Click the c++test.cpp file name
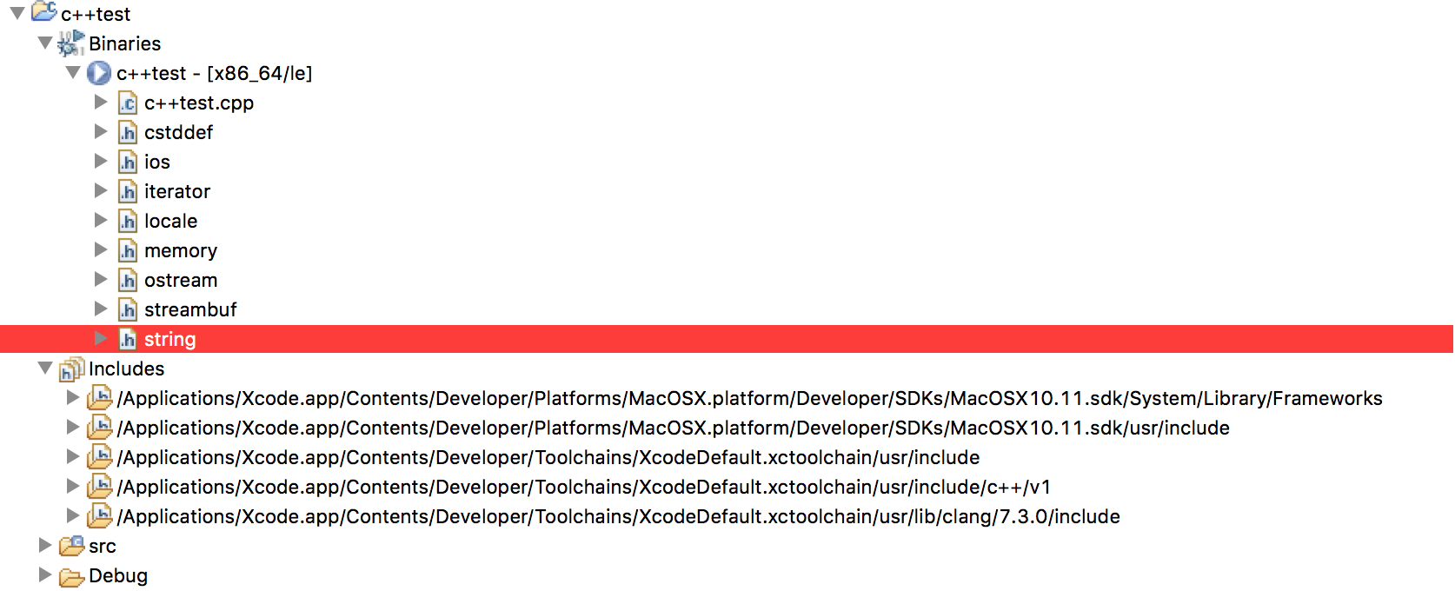(199, 103)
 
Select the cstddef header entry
(179, 132)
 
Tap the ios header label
(157, 162)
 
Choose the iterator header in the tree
(177, 191)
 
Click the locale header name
(171, 221)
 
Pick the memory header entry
(181, 250)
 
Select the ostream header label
(181, 281)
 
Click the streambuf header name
(190, 309)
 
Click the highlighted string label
(170, 340)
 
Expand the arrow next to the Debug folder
(44, 574)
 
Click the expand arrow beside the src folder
(44, 545)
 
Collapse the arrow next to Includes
(45, 369)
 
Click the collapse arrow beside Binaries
(45, 43)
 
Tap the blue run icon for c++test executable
(99, 73)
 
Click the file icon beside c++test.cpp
(127, 103)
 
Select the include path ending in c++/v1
(584, 487)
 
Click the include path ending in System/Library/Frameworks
(749, 399)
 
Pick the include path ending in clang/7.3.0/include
(618, 517)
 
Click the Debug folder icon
(71, 576)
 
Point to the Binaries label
(124, 43)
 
